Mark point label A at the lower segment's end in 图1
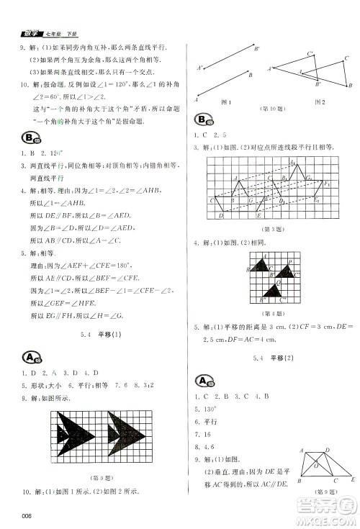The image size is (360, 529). (197, 100)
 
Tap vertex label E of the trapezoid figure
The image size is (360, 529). (352, 479)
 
